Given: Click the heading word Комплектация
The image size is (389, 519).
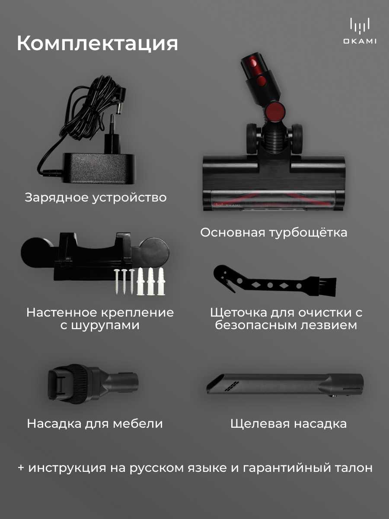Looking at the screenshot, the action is coord(97,44).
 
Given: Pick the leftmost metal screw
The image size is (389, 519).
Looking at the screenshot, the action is coord(117,282).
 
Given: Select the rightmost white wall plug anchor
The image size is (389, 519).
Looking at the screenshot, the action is coord(161,282).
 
